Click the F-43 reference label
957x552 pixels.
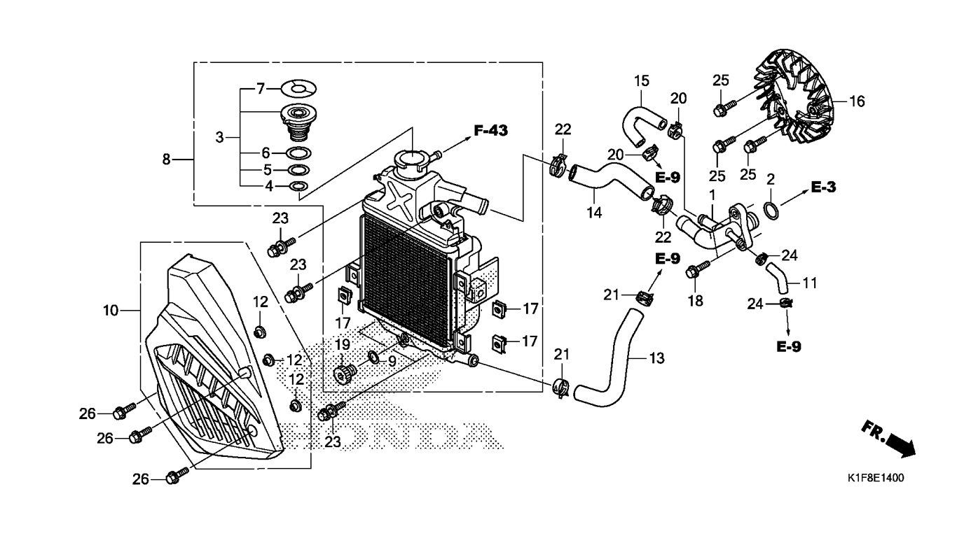tap(491, 131)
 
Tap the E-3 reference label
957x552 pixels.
tap(823, 187)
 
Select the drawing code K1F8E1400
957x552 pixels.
tap(876, 479)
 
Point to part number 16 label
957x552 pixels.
tap(857, 101)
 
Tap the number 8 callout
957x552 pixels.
tap(166, 160)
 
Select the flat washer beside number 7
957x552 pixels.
tap(298, 89)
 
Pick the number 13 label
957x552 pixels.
tap(656, 358)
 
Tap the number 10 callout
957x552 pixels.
tap(110, 311)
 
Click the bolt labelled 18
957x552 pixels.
tap(697, 269)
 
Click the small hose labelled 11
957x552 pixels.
tap(778, 279)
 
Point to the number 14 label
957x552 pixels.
tap(594, 213)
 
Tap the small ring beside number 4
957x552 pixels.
tap(299, 186)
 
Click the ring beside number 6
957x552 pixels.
tap(298, 153)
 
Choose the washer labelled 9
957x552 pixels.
tap(373, 357)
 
